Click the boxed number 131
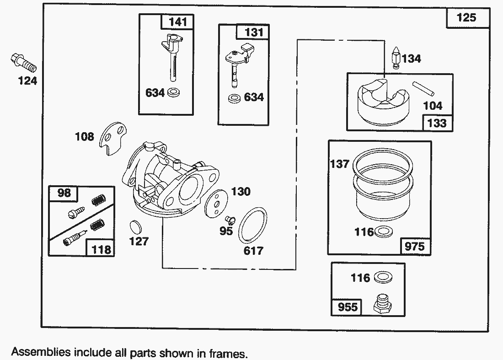254,32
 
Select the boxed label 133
437,123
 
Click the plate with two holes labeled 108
112,137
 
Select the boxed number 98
64,193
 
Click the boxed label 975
415,247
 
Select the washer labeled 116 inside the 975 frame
383,232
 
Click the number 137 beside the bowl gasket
340,164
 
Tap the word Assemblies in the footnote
41,352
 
